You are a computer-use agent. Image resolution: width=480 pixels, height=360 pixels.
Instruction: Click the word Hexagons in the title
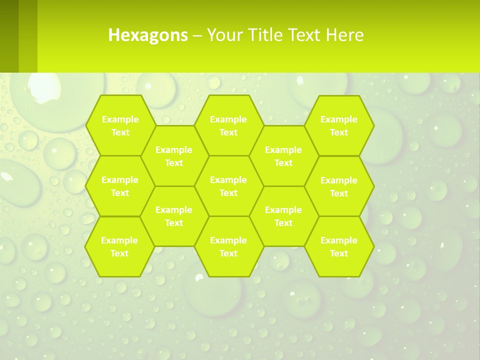click(x=148, y=35)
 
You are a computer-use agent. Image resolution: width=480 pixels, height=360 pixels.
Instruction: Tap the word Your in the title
click(x=222, y=35)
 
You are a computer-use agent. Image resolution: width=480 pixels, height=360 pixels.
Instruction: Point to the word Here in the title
click(x=345, y=35)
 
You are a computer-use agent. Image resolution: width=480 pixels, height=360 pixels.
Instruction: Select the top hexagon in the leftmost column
click(x=120, y=125)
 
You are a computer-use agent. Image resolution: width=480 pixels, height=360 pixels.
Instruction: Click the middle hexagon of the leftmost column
click(x=120, y=186)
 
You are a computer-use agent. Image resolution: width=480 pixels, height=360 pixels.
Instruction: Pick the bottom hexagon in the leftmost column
click(x=119, y=246)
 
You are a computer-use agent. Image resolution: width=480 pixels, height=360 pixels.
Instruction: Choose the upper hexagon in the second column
click(x=174, y=156)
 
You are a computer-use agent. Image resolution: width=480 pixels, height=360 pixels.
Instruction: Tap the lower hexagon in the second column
click(x=174, y=216)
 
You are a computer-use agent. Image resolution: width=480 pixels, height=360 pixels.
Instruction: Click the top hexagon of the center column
click(x=228, y=125)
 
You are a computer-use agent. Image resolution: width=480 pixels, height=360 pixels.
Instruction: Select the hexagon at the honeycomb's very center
click(x=228, y=186)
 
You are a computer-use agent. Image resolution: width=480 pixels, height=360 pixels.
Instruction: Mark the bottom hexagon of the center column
click(x=228, y=246)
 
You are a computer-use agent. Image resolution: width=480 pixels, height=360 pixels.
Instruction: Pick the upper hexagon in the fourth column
click(x=283, y=156)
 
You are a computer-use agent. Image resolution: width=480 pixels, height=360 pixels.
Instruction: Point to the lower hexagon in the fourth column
click(x=283, y=216)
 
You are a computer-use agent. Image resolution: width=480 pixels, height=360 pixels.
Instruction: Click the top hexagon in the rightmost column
click(x=339, y=125)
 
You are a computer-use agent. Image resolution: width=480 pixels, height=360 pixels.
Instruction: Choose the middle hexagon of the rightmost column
click(x=339, y=186)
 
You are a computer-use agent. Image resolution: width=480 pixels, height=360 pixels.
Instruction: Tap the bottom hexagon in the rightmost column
click(x=339, y=246)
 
